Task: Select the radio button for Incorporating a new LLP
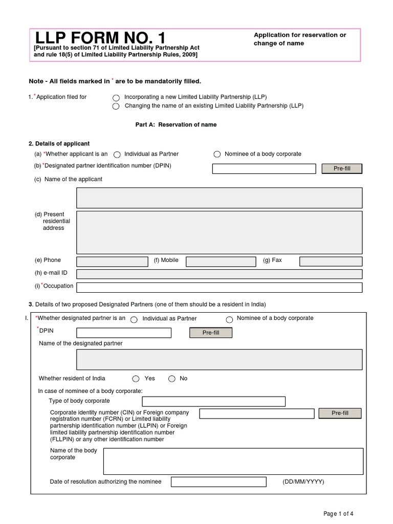116,98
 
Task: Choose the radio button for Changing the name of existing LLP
116,106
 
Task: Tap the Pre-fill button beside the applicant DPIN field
341,169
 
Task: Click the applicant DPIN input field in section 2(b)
264,169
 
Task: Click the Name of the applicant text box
219,198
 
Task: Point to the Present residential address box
219,232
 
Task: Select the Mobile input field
221,262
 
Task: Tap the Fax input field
331,262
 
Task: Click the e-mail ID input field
219,274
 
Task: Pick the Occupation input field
219,287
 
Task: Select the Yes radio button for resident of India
136,379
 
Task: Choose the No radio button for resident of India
172,379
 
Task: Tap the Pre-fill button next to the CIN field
340,413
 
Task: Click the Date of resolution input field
219,482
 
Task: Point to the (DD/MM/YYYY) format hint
303,482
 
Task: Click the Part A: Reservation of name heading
176,125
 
